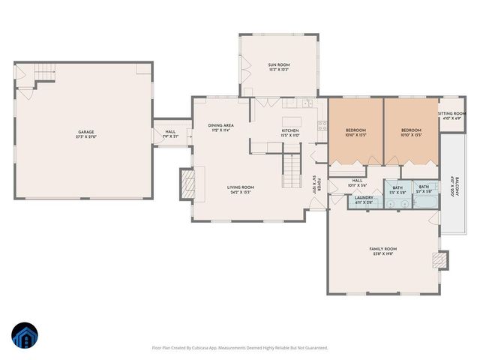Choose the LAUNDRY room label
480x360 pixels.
pos(364,200)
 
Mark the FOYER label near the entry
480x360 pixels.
pos(317,184)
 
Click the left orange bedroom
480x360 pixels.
pos(355,132)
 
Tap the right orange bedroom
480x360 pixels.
pos(412,132)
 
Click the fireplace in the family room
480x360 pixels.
pos(439,260)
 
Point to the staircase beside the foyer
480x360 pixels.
pos(290,170)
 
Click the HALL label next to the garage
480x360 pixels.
pos(170,134)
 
